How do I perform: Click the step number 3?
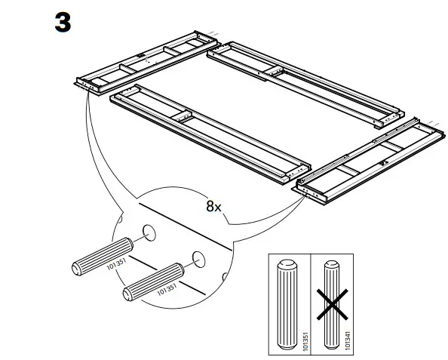click(63, 22)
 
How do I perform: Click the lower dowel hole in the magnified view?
click(198, 259)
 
